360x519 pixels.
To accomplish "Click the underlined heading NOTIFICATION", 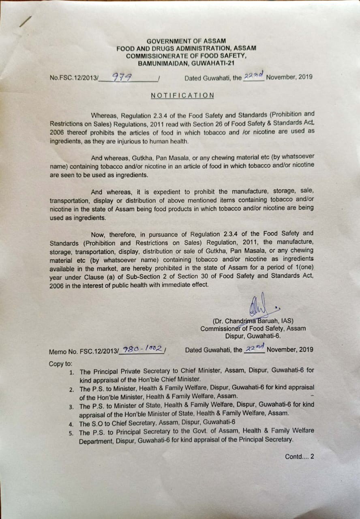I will (x=182, y=95).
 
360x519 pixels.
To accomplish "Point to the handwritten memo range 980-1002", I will (x=143, y=349).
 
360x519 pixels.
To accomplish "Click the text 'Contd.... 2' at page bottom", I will (x=299, y=457).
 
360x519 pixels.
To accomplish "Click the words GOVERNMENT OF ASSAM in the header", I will (x=186, y=41).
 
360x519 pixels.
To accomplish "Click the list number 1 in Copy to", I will (x=71, y=372).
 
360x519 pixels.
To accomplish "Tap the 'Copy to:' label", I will (x=60, y=363).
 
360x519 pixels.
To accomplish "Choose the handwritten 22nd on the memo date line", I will (x=254, y=348).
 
